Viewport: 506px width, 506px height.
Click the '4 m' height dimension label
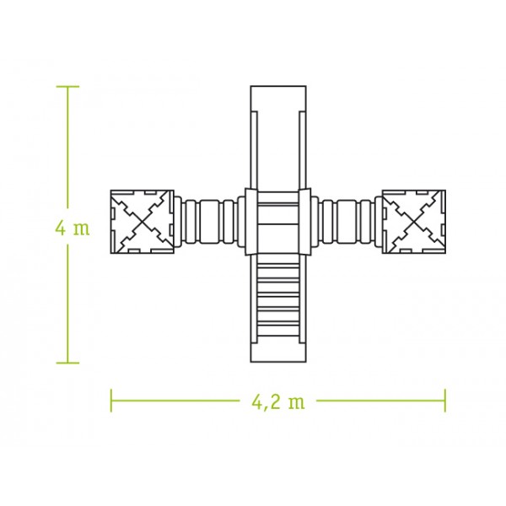73,229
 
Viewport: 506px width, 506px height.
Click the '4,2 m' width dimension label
278,402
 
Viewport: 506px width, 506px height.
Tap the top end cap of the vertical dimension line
67,87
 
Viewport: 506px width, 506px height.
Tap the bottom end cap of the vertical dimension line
67,363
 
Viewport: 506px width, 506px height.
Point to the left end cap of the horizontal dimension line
111,401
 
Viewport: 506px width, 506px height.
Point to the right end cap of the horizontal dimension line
445,401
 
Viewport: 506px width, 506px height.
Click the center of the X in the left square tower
143,222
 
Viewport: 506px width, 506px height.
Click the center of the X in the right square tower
414,222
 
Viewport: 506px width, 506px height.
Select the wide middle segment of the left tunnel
210,222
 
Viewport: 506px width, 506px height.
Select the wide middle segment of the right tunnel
347,222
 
